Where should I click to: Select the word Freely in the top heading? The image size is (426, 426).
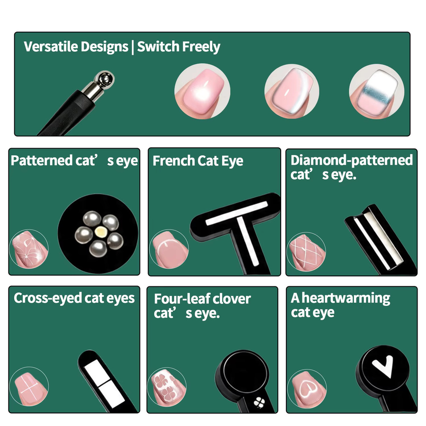[x=201, y=47]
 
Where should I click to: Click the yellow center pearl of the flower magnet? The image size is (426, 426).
[x=101, y=232]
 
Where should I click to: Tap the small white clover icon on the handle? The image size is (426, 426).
[x=259, y=402]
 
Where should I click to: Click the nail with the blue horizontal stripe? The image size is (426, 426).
[x=377, y=91]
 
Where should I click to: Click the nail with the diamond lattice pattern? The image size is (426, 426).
[x=306, y=252]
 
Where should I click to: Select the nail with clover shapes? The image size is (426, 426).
[x=167, y=387]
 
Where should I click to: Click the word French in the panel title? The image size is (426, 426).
[x=174, y=160]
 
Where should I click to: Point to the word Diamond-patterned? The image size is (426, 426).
[x=352, y=160]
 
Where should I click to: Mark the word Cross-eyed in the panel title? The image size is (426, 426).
[x=47, y=298]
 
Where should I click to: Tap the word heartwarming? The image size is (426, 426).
[x=346, y=298]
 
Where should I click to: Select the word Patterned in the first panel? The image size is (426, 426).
[x=42, y=160]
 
